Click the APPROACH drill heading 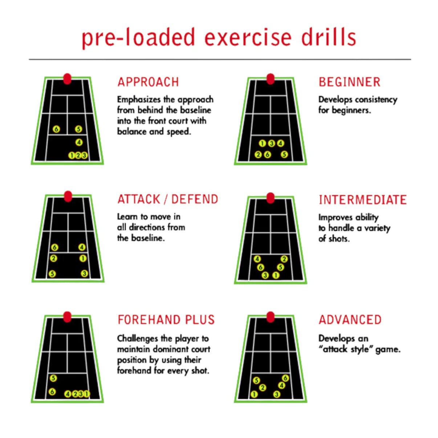(148, 82)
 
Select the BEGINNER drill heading (349, 82)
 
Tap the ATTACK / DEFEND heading (168, 199)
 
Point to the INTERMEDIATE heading (362, 200)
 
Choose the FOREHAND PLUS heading (166, 320)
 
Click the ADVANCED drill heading (350, 320)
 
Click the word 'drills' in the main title (328, 37)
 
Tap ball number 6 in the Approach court (56, 129)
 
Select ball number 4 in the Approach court (79, 142)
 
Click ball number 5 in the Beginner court (284, 155)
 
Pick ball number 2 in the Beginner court (258, 155)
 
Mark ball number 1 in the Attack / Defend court (83, 259)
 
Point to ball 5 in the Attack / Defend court (52, 274)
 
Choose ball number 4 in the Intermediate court (257, 259)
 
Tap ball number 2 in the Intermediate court (284, 259)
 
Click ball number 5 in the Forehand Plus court (53, 378)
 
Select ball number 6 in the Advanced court (285, 378)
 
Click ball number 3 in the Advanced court (277, 394)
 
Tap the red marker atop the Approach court (67, 79)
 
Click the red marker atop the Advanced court (270, 317)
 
